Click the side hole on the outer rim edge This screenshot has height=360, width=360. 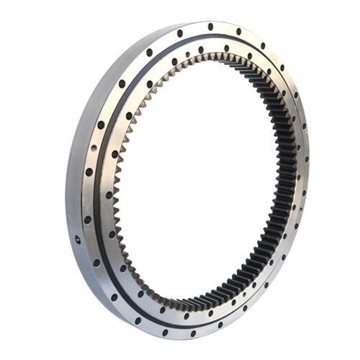[77, 238]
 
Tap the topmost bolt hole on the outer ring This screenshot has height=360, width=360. [210, 27]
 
